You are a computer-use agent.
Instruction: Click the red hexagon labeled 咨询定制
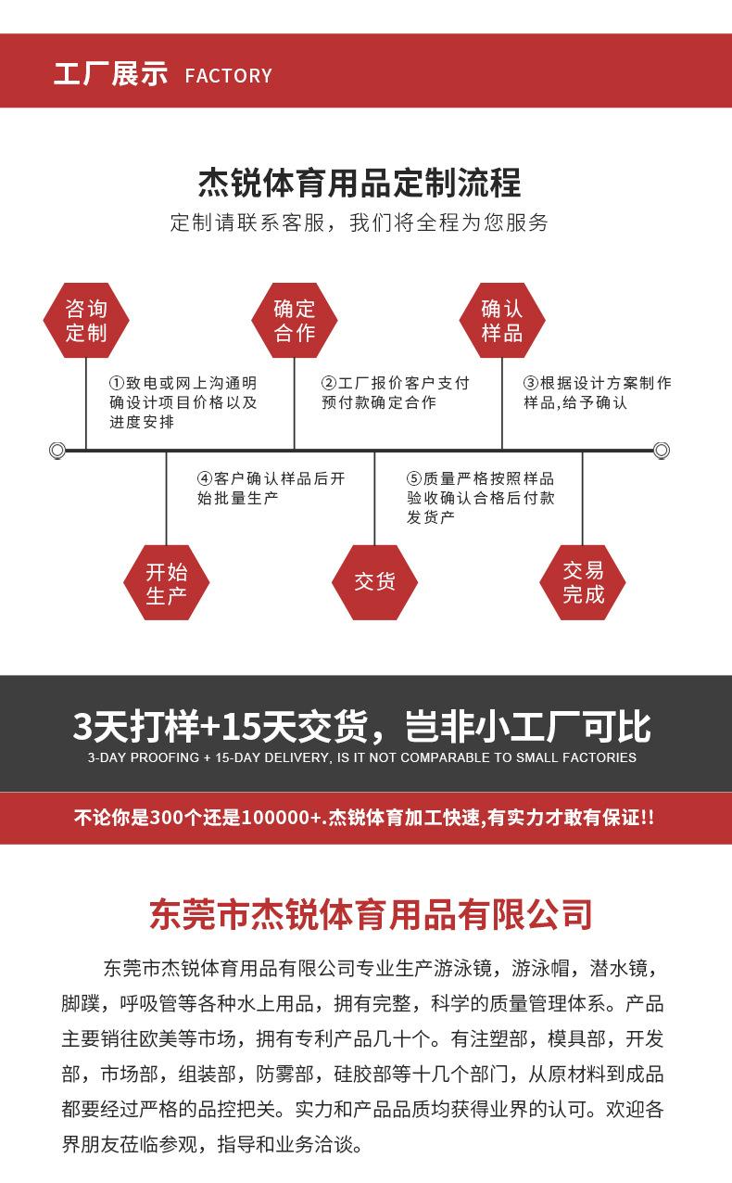(x=86, y=321)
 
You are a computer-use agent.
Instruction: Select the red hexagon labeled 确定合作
(x=295, y=321)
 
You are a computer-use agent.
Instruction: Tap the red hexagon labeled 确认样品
(x=502, y=321)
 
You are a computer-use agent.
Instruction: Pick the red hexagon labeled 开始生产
(x=167, y=582)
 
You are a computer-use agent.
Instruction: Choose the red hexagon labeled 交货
(x=374, y=582)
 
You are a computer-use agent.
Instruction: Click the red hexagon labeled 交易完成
(x=583, y=582)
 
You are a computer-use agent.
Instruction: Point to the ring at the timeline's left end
(x=57, y=451)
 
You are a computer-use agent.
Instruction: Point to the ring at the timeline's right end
(x=661, y=451)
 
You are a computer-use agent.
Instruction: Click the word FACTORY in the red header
(x=229, y=76)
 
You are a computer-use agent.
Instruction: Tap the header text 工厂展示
(x=110, y=74)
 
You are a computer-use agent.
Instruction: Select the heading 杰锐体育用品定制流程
(x=360, y=183)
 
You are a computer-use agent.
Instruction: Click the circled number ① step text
(x=183, y=402)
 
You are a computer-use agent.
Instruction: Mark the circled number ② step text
(x=395, y=393)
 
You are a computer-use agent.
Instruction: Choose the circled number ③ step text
(x=597, y=393)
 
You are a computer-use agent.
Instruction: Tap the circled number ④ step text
(x=271, y=488)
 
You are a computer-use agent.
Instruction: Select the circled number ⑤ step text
(x=480, y=497)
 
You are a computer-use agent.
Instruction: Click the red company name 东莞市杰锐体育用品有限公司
(x=371, y=914)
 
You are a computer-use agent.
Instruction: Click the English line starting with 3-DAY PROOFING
(x=361, y=757)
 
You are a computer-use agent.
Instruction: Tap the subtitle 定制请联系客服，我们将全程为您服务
(x=360, y=223)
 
